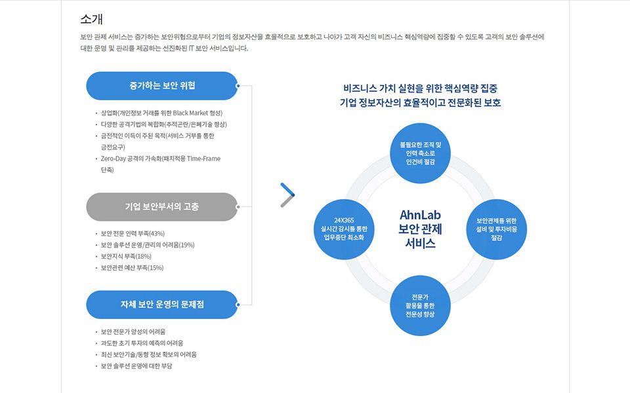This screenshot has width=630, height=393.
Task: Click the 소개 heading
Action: click(92, 19)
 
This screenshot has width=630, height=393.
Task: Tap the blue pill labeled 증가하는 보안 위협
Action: click(162, 86)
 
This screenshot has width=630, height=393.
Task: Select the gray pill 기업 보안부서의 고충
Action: click(162, 207)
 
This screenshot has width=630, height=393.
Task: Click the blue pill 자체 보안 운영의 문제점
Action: click(162, 305)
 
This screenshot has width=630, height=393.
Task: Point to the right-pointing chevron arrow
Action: click(287, 195)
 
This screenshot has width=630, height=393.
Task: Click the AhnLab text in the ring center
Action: click(420, 215)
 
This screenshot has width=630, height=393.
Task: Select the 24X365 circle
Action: click(345, 229)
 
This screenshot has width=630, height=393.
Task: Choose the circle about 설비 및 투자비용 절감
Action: click(496, 229)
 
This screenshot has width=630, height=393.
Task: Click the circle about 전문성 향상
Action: click(420, 305)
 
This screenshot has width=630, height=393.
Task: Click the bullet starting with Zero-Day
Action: click(161, 159)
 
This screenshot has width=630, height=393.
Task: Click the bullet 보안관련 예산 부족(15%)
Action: click(132, 267)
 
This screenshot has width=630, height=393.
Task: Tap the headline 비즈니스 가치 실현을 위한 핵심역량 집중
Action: click(420, 87)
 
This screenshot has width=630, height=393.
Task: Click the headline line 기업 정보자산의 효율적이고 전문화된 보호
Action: click(420, 103)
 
